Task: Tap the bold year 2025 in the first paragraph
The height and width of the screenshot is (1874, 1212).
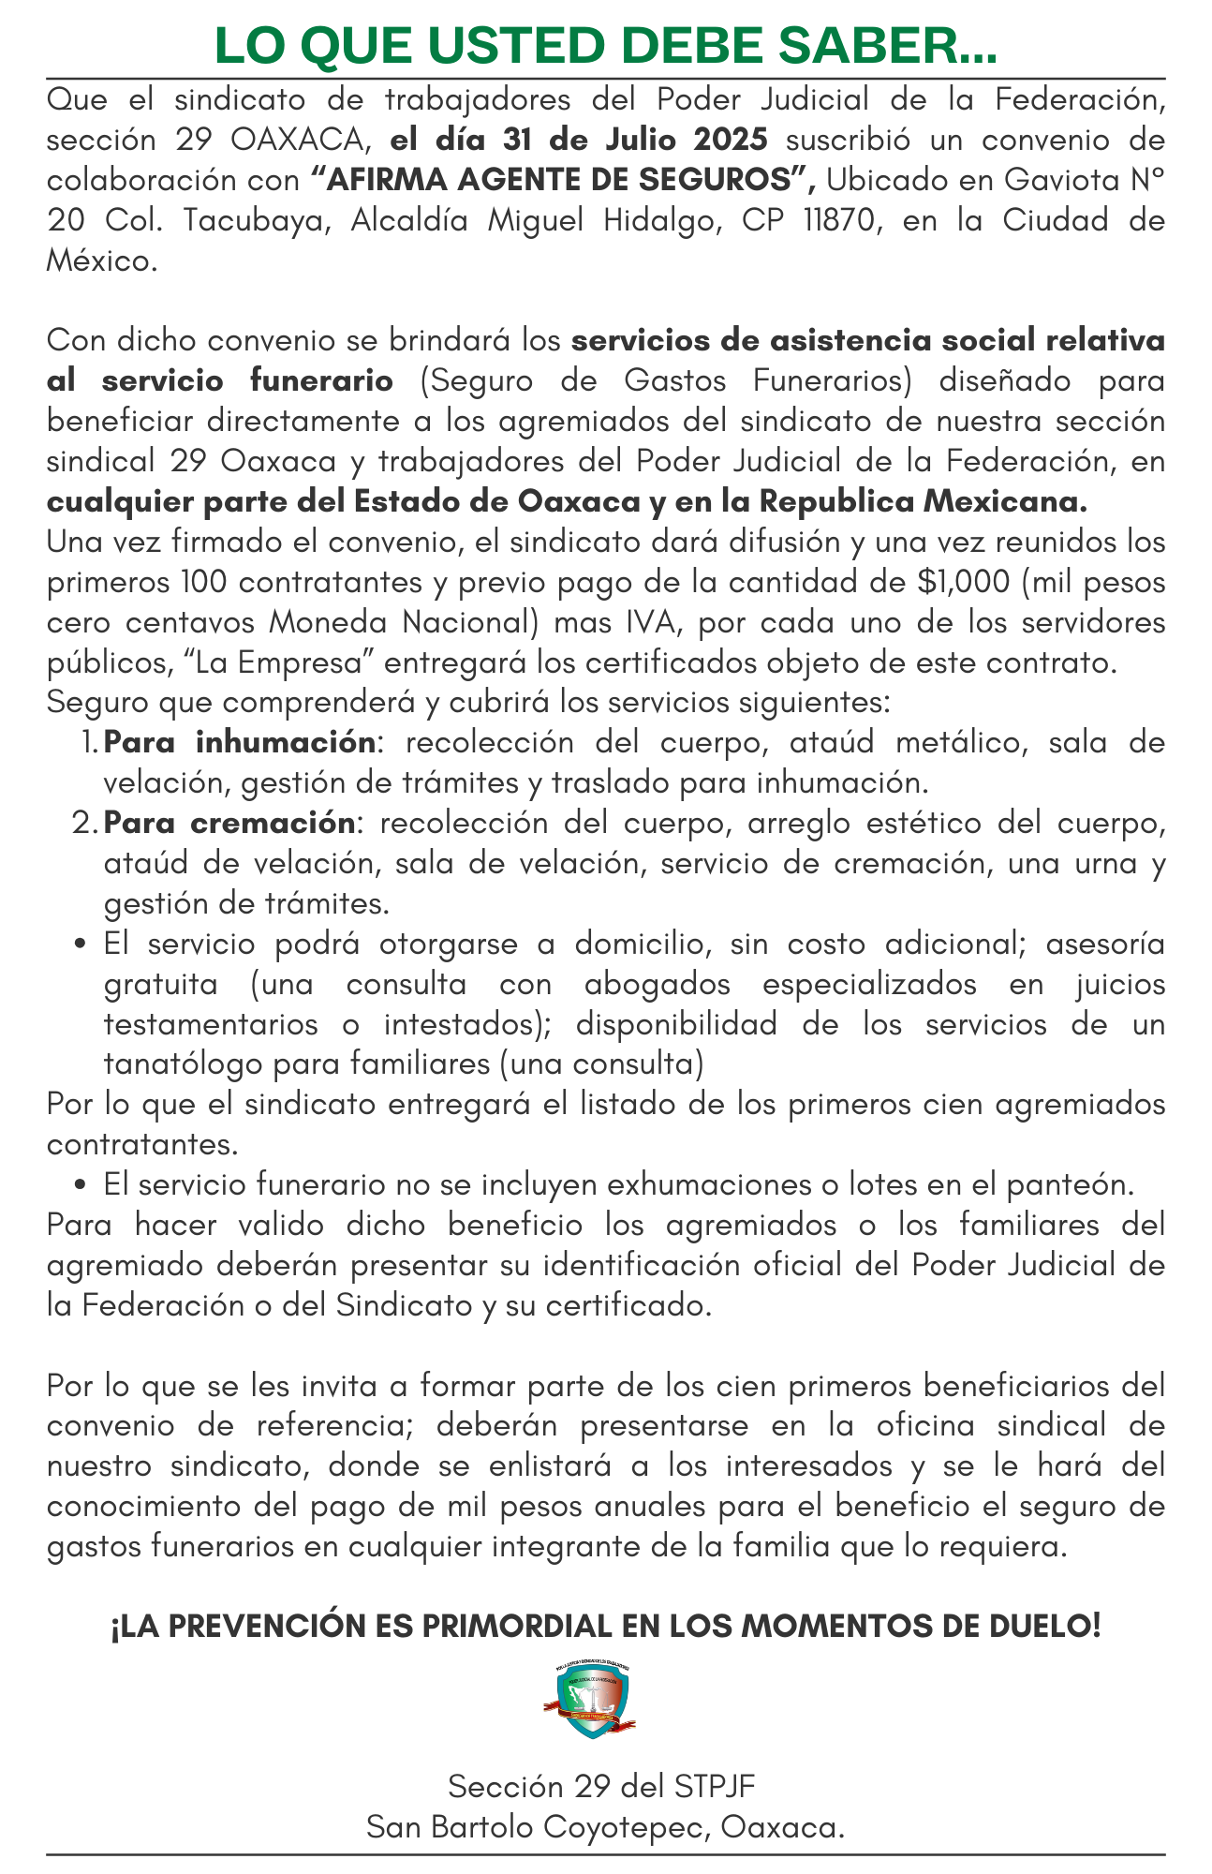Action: pyautogui.click(x=731, y=140)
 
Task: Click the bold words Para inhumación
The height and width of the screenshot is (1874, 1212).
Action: pyautogui.click(x=240, y=742)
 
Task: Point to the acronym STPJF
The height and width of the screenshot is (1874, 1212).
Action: pyautogui.click(x=714, y=1786)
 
